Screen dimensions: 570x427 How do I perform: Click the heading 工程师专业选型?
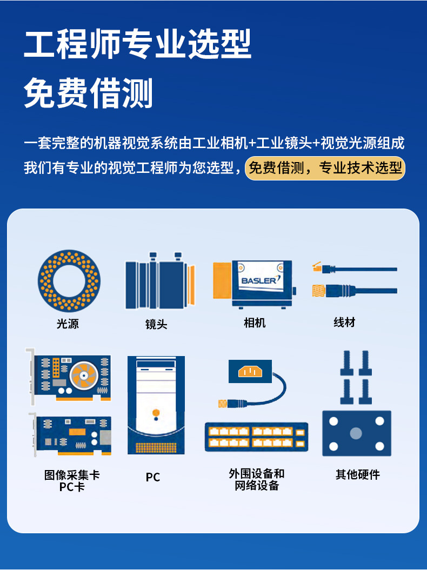click(x=138, y=45)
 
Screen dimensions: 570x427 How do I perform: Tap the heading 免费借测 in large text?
click(x=89, y=93)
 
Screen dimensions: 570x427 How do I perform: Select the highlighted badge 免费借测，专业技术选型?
click(x=325, y=168)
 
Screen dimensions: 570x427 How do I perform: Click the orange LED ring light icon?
click(x=69, y=280)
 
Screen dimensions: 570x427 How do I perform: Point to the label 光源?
click(x=68, y=324)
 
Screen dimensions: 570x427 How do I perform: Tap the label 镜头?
click(x=156, y=324)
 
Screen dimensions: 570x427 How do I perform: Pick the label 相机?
click(x=255, y=323)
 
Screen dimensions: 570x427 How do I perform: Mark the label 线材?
click(x=344, y=323)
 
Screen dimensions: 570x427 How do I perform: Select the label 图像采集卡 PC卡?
click(x=72, y=481)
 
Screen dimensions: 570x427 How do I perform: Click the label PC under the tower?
click(x=153, y=477)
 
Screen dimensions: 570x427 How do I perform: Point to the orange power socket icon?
click(x=249, y=371)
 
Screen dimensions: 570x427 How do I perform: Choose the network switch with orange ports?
click(x=256, y=437)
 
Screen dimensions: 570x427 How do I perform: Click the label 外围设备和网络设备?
click(x=256, y=480)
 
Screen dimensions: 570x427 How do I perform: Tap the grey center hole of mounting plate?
click(x=356, y=433)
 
